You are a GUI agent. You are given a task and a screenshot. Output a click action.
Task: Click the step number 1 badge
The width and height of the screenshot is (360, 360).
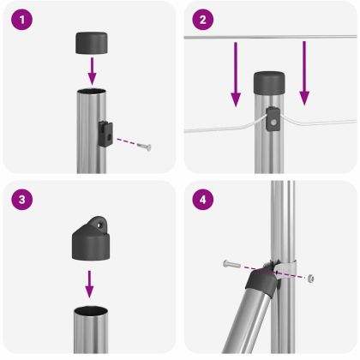click(22, 19)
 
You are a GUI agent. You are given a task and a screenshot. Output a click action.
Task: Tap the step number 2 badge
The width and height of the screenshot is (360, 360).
click(202, 19)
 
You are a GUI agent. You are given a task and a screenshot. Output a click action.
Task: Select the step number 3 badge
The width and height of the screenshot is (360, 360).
click(22, 199)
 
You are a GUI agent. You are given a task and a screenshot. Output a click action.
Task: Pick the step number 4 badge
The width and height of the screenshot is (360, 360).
click(202, 199)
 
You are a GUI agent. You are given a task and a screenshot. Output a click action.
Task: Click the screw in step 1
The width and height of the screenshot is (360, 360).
click(145, 147)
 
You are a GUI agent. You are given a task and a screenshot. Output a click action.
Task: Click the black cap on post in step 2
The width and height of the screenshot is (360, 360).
click(270, 83)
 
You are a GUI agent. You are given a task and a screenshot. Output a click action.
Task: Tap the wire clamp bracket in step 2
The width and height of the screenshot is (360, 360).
click(273, 118)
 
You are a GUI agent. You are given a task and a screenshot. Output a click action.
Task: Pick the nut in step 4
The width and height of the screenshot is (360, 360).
click(312, 278)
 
